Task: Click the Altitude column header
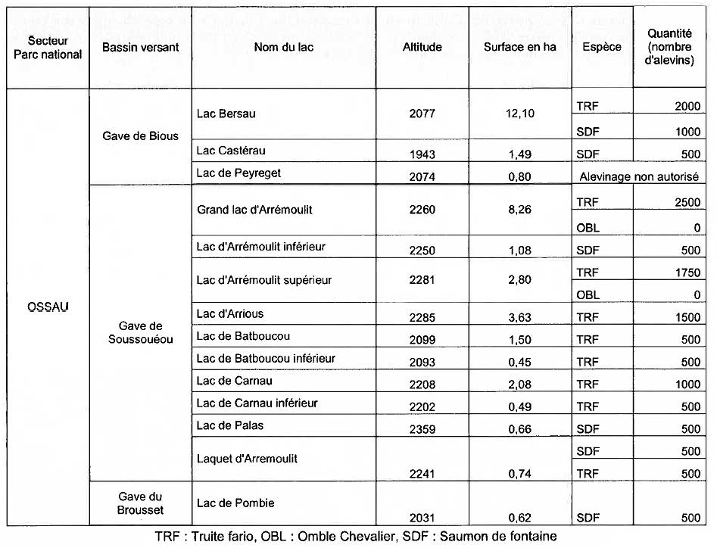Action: (422, 47)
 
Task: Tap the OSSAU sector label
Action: (47, 308)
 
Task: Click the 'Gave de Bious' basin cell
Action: (140, 135)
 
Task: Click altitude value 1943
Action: (422, 154)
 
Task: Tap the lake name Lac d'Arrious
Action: (229, 313)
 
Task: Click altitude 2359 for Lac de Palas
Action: (422, 429)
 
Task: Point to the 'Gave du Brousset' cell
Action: (140, 504)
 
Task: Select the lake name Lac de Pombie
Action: (235, 503)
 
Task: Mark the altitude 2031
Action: (422, 518)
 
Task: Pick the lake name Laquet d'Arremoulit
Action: (247, 459)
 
